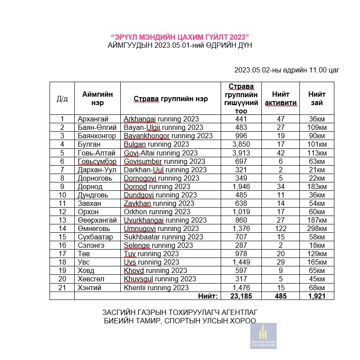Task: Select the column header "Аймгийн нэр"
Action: click(x=97, y=98)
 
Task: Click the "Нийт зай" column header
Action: click(x=317, y=98)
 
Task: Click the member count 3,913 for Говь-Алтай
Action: click(x=241, y=153)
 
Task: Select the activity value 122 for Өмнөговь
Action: click(x=280, y=228)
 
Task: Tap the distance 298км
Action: click(x=317, y=228)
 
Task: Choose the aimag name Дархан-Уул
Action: click(x=95, y=170)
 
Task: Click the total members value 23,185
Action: click(x=241, y=296)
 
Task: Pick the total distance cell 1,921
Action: click(x=317, y=296)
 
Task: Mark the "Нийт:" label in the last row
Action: click(x=207, y=296)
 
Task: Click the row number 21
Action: click(x=62, y=288)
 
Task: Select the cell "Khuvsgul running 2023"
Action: click(x=160, y=279)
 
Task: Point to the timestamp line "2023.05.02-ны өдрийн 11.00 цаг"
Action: click(x=287, y=70)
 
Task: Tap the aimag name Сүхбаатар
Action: click(x=94, y=237)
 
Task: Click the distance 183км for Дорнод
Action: click(x=317, y=186)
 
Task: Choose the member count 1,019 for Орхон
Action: click(x=241, y=212)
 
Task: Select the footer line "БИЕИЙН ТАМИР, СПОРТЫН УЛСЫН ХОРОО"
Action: click(x=180, y=321)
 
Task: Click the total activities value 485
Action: click(x=280, y=296)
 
